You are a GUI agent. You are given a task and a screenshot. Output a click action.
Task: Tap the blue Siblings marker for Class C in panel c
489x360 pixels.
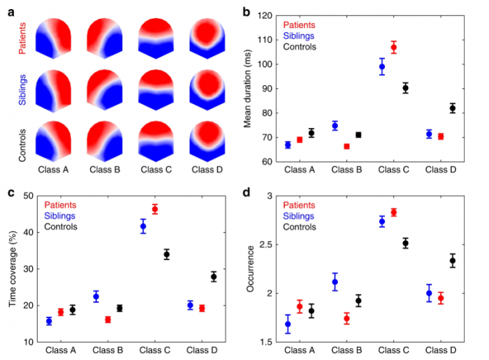click(144, 226)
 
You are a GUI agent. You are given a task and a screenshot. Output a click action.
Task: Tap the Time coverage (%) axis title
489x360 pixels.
click(13, 268)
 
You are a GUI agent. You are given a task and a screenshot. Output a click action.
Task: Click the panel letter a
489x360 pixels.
click(8, 10)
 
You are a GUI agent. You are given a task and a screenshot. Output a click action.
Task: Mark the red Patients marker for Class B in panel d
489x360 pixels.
click(346, 318)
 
